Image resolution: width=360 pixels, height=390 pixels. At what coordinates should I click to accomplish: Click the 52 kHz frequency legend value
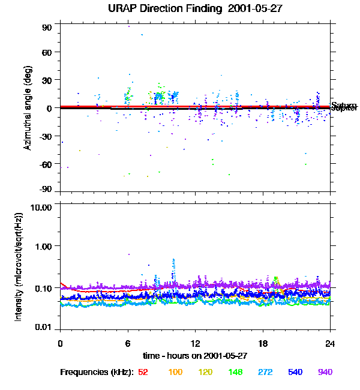tap(143, 372)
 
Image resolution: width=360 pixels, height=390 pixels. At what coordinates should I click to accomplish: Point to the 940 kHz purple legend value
tap(325, 372)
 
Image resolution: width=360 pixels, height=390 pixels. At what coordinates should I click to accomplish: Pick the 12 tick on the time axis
tap(195, 344)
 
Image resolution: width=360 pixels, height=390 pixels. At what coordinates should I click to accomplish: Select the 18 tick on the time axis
tap(263, 344)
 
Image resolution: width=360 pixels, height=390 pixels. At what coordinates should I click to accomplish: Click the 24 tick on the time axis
tap(330, 344)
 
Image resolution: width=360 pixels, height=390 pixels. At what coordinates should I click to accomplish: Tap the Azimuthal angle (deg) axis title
tap(27, 108)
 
